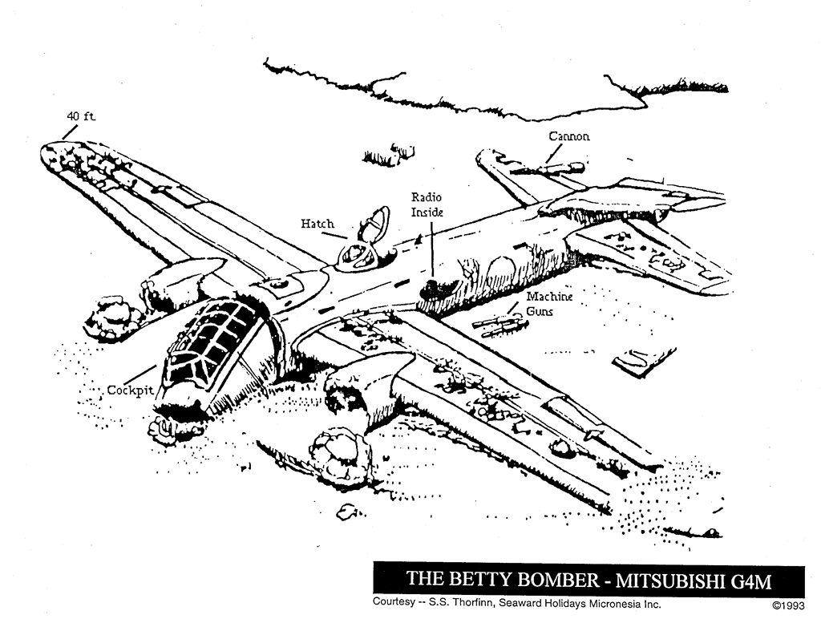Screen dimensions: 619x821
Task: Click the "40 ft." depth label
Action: [80, 117]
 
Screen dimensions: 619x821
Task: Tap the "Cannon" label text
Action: [569, 136]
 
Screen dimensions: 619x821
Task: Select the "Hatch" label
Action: [317, 224]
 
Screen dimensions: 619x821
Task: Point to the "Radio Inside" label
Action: [427, 204]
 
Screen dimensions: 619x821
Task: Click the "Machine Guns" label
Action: [549, 303]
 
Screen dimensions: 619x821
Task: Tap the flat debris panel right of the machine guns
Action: [644, 362]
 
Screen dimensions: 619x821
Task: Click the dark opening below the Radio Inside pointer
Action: [439, 287]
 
